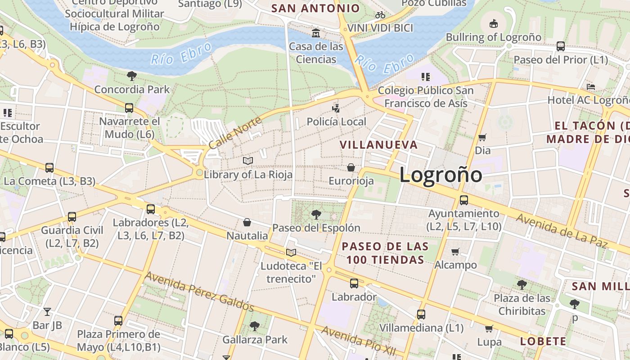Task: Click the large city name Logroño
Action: coord(441,175)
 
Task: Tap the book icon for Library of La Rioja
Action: coord(247,161)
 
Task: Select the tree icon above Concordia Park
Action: coord(131,76)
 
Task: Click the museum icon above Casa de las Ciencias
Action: coord(316,33)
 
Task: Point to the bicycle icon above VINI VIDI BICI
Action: coord(380,15)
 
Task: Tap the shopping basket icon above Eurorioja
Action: coord(351,167)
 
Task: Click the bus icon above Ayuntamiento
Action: coord(463,200)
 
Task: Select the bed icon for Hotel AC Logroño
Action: coord(591,86)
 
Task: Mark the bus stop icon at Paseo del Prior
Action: coord(561,46)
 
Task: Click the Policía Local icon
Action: coord(336,108)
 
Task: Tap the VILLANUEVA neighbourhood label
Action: coord(378,145)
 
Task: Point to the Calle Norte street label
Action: coord(235,133)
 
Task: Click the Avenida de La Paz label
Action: coord(561,231)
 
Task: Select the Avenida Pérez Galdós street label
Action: coord(199,292)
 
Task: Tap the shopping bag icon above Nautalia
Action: coord(247,222)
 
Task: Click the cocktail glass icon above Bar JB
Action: coord(47,311)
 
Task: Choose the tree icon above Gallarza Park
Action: coord(255,326)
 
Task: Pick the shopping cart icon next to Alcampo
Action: coord(455,252)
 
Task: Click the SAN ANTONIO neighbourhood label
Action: coord(316,8)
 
